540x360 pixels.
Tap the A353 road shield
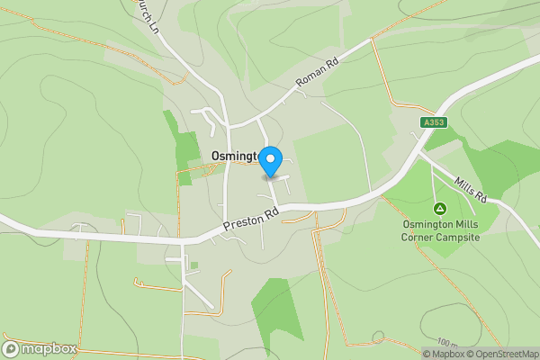pyautogui.click(x=433, y=122)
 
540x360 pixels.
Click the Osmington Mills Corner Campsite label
pyautogui.click(x=440, y=230)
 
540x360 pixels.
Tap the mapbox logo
pyautogui.click(x=40, y=349)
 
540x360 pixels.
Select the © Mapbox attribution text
pyautogui.click(x=444, y=354)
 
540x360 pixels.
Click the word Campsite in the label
pyautogui.click(x=456, y=237)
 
